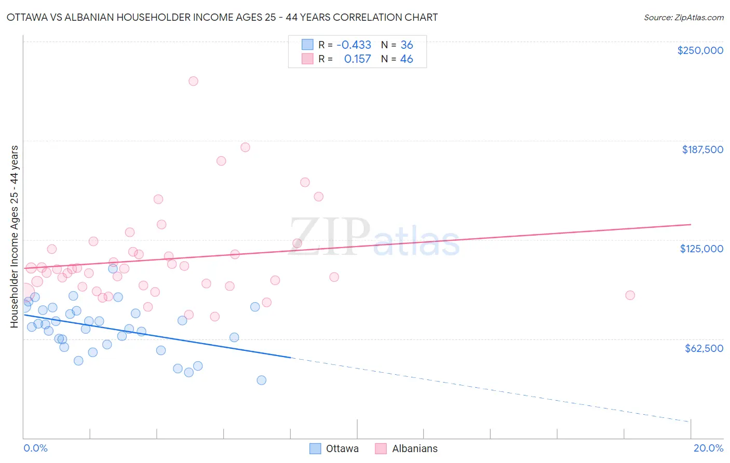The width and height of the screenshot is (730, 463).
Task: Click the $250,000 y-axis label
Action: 700,50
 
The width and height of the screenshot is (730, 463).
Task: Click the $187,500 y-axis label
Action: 702,149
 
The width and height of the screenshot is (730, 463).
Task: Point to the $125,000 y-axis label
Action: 701,249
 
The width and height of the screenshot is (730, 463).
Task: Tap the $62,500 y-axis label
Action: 704,348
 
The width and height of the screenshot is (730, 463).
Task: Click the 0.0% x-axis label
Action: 35,448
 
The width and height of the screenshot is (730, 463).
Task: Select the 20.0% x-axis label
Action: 708,448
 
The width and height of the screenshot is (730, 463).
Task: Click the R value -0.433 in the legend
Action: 354,45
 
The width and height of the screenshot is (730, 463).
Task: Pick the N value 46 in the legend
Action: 407,59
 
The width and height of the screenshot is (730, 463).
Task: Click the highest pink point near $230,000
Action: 193,81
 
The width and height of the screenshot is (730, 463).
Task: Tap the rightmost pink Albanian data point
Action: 630,295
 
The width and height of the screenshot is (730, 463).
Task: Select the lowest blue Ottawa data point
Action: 261,380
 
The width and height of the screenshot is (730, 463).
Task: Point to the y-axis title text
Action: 14,237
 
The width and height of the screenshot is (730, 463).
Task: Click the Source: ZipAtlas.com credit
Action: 683,17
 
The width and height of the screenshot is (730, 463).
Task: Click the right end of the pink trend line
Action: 691,224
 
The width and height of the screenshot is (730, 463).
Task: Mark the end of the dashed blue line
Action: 691,421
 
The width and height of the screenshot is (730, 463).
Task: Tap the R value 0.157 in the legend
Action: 357,59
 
